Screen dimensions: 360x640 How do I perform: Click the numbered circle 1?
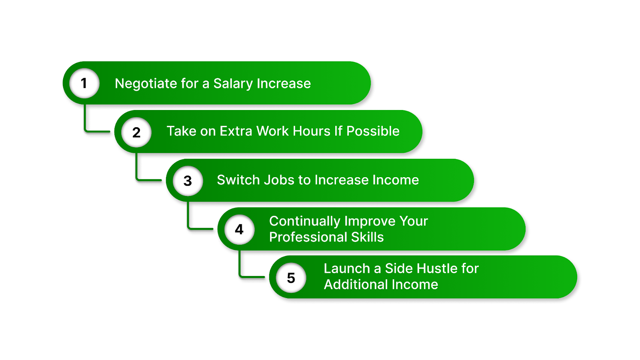tap(84, 83)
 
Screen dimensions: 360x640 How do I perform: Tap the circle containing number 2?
tap(136, 132)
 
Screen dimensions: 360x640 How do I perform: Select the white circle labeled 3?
tap(188, 181)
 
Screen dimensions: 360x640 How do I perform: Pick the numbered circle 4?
tap(239, 229)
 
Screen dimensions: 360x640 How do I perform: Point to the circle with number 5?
tap(291, 278)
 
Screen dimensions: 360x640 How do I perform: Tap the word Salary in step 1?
tap(233, 84)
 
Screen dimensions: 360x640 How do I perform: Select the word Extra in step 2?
tap(236, 131)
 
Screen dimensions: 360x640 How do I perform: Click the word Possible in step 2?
tap(373, 131)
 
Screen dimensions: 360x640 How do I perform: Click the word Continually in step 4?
tap(304, 221)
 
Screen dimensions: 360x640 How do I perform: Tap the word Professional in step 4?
tap(308, 237)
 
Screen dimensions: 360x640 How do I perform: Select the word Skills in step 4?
tap(367, 237)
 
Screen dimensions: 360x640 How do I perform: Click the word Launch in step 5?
tap(346, 268)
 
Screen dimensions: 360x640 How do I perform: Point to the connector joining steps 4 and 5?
tap(240, 266)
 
